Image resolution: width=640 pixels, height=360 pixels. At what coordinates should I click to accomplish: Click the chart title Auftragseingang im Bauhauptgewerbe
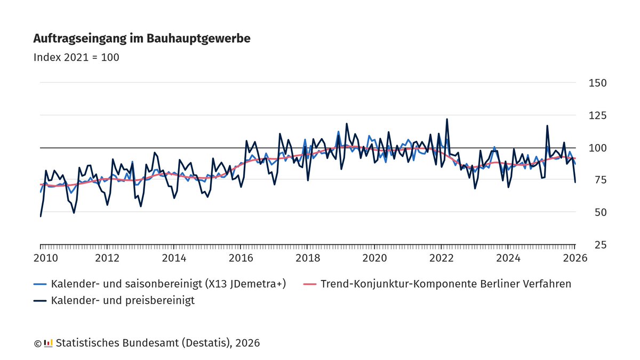[142, 38]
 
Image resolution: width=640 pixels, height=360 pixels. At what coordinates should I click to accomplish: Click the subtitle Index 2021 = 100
[76, 57]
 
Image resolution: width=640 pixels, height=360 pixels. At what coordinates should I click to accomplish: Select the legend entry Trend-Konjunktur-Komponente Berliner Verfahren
[446, 284]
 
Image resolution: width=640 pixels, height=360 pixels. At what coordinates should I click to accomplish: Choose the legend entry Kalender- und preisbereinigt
[123, 300]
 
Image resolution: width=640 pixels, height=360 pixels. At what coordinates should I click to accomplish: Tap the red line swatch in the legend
[310, 284]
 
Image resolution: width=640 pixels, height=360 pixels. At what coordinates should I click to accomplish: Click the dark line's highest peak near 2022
[447, 119]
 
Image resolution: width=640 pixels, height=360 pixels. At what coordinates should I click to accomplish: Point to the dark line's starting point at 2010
[41, 216]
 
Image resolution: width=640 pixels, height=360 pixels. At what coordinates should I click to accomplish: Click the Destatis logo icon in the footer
[48, 343]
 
